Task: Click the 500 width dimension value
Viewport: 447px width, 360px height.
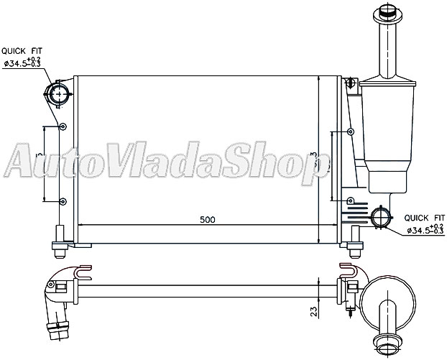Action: [207, 219]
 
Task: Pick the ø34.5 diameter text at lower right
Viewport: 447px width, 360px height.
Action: [424, 230]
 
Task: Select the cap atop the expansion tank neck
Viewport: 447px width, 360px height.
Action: [387, 14]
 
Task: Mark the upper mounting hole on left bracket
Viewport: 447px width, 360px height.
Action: [63, 128]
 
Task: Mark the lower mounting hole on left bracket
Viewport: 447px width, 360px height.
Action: [63, 201]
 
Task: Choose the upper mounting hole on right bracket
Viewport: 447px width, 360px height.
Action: [350, 131]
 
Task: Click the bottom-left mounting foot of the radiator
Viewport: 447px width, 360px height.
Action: [59, 246]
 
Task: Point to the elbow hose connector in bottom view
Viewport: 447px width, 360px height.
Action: [57, 302]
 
